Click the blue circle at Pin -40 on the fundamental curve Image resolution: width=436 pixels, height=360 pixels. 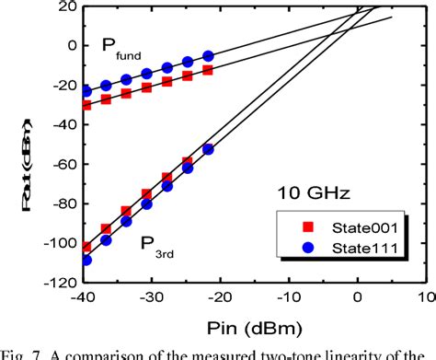point(86,91)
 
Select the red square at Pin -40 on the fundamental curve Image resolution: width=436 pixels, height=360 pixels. point(86,104)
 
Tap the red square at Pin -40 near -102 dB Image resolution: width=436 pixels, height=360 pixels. point(86,247)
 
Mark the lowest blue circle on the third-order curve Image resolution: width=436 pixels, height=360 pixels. point(86,260)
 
